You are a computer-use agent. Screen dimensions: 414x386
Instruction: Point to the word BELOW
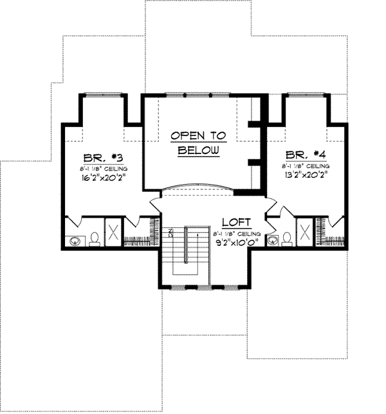point(199,150)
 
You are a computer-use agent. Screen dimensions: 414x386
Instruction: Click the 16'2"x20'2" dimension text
point(102,178)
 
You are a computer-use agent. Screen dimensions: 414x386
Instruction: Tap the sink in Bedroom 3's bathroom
point(75,241)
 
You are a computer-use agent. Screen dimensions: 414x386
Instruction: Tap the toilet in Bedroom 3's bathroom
point(94,239)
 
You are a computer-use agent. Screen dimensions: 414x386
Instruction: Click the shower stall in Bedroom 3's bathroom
point(112,232)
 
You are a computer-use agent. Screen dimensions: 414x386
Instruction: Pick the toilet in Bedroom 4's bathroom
point(286,239)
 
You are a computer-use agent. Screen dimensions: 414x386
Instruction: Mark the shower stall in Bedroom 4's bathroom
point(304,232)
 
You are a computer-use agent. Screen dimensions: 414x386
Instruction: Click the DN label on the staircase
point(172,233)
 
